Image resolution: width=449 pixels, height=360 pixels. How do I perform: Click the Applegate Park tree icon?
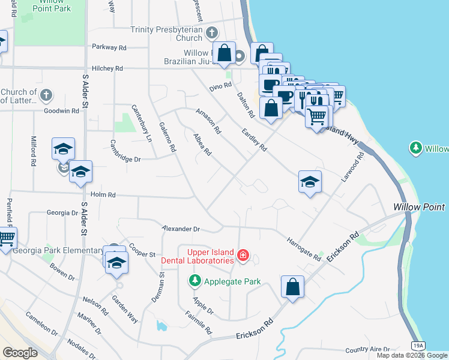point(194,280)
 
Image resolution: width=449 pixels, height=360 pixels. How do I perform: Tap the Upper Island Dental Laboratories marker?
point(243,256)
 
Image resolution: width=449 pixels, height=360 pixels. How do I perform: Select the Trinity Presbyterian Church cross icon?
point(211,32)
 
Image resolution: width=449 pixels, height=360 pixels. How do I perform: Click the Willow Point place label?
point(419,207)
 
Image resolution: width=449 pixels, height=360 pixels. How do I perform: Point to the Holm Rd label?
point(102,195)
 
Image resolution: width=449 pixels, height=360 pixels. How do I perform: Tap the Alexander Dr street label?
point(181,229)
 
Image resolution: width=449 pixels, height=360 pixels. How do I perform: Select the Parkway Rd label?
point(109,47)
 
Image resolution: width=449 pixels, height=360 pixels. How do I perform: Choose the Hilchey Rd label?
point(107,69)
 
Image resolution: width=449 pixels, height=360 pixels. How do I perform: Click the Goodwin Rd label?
point(61,111)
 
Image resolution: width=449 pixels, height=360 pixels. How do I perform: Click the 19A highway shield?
point(418,345)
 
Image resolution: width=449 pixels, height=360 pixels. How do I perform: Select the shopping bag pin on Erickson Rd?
point(292,287)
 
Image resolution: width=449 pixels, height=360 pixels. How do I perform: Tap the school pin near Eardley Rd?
point(310,182)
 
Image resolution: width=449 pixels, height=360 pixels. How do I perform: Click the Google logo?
point(20,352)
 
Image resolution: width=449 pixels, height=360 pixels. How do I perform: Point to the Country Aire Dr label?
point(367,349)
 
